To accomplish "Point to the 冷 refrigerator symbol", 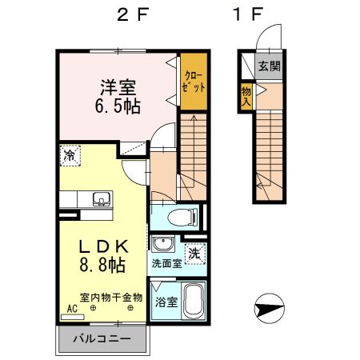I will pos(70,155).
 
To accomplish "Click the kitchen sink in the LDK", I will pos(101,199).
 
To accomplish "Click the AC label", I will pos(71,308).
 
